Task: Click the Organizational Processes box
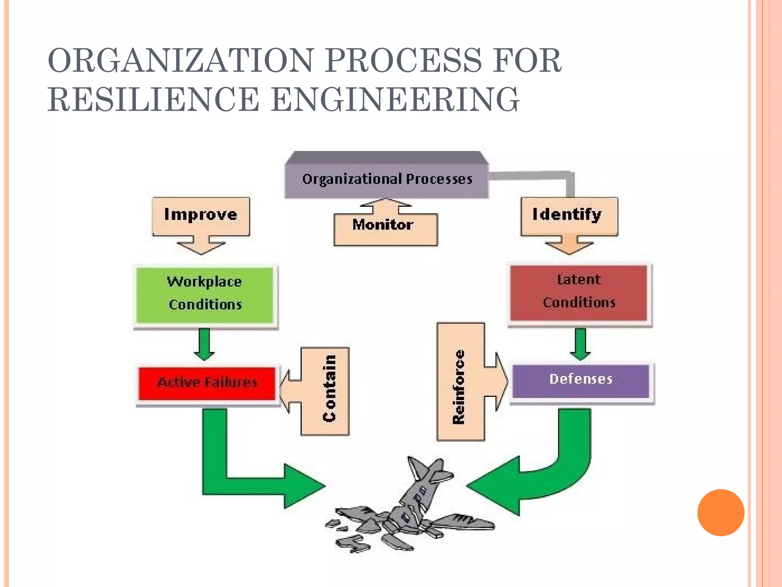tap(386, 179)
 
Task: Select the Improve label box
tap(201, 215)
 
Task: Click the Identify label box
tap(568, 215)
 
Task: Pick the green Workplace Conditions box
tap(205, 293)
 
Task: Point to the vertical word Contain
tap(329, 389)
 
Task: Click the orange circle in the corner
tap(720, 512)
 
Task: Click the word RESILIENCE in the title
tap(153, 99)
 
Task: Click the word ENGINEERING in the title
tap(395, 99)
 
